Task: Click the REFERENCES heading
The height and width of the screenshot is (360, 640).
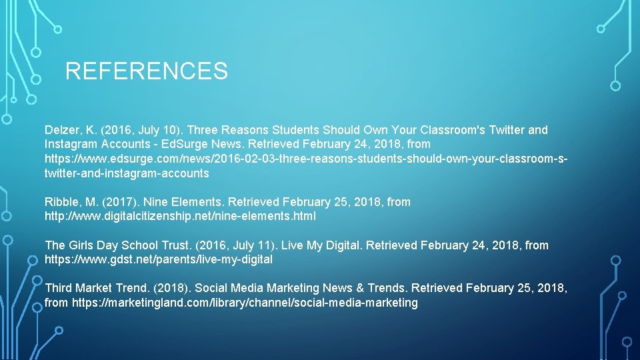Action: pyautogui.click(x=146, y=71)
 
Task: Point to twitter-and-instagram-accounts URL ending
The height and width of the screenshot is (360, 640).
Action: pyautogui.click(x=127, y=173)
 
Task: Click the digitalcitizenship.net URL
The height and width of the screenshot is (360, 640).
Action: pyautogui.click(x=180, y=217)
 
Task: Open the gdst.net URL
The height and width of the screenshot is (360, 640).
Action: pyautogui.click(x=159, y=259)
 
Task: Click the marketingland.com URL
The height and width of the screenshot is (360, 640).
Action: pyautogui.click(x=245, y=303)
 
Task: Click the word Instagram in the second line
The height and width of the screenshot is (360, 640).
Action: pyautogui.click(x=71, y=144)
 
